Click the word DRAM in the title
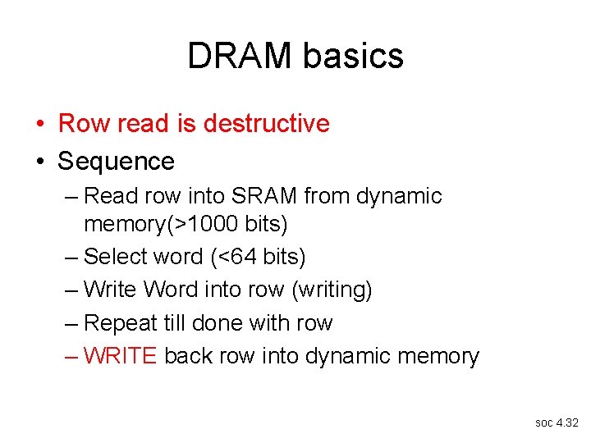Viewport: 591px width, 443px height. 240,56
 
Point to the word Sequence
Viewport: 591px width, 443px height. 116,161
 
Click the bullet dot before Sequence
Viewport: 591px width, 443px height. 39,162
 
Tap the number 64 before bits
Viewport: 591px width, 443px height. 243,257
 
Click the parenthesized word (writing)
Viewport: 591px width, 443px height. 327,290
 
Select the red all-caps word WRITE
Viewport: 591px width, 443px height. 121,356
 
